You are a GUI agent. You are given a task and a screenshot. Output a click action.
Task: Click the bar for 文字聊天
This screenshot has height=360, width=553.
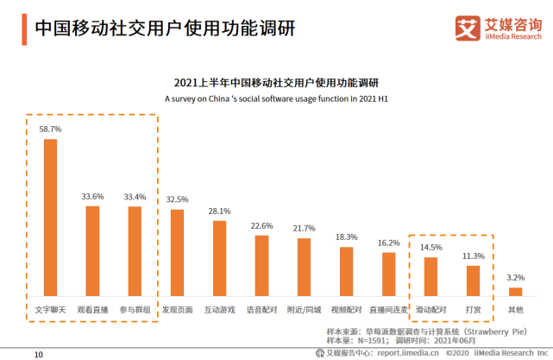pyautogui.click(x=50, y=217)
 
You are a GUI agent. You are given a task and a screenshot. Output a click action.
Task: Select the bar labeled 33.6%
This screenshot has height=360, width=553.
pyautogui.click(x=92, y=250)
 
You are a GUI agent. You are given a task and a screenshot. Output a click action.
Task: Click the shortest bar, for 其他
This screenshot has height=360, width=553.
pyautogui.click(x=515, y=291)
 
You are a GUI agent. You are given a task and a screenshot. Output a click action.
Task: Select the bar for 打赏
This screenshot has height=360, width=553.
pyautogui.click(x=473, y=281)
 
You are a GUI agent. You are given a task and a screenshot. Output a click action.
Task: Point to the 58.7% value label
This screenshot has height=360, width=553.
pyautogui.click(x=50, y=129)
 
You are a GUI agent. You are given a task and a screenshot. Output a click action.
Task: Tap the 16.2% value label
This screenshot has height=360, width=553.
pyautogui.click(x=388, y=243)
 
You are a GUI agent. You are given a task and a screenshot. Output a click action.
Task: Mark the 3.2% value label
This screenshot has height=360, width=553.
pyautogui.click(x=515, y=277)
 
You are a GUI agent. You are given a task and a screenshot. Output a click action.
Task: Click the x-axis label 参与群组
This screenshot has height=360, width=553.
pyautogui.click(x=135, y=308)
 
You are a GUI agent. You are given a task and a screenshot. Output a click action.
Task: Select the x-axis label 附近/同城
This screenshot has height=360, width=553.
pyautogui.click(x=304, y=308)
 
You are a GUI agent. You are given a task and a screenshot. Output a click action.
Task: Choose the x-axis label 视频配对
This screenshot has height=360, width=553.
pyautogui.click(x=346, y=308)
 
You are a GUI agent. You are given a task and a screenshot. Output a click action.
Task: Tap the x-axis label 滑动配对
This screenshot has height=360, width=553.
pyautogui.click(x=430, y=308)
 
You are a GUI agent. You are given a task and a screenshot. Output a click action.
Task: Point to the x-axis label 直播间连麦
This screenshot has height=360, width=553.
pyautogui.click(x=388, y=308)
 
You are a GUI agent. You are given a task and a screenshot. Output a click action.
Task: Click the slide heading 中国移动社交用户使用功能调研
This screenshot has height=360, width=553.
pyautogui.click(x=164, y=27)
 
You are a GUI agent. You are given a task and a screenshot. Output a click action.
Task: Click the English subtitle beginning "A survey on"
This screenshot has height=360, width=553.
pyautogui.click(x=276, y=98)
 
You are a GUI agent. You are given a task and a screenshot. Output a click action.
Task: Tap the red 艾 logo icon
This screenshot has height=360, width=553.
pyautogui.click(x=468, y=27)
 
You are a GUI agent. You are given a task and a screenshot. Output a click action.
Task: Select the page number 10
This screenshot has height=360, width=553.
pyautogui.click(x=38, y=354)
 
